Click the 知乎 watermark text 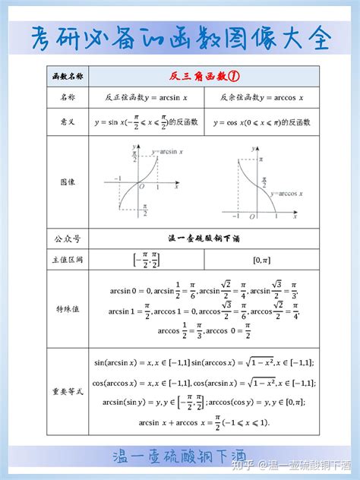coord(253,463)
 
